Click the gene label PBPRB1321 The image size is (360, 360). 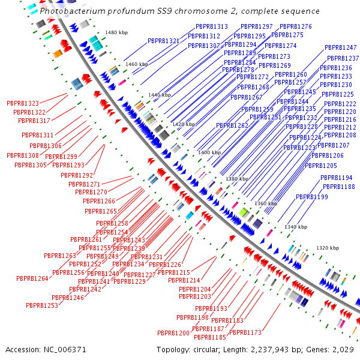[164, 41]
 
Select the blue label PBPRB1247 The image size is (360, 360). [341, 47]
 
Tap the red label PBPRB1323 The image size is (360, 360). [23, 104]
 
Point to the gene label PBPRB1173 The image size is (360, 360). [245, 332]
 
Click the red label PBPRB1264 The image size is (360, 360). [32, 278]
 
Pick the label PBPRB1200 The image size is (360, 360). [173, 333]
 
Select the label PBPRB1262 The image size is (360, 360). [232, 126]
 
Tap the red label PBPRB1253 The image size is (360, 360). [42, 305]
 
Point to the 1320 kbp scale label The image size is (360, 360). [328, 248]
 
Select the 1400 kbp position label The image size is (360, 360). [209, 152]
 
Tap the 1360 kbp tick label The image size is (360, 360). [266, 203]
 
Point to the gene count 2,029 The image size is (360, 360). [343, 349]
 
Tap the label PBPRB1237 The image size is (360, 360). [343, 59]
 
